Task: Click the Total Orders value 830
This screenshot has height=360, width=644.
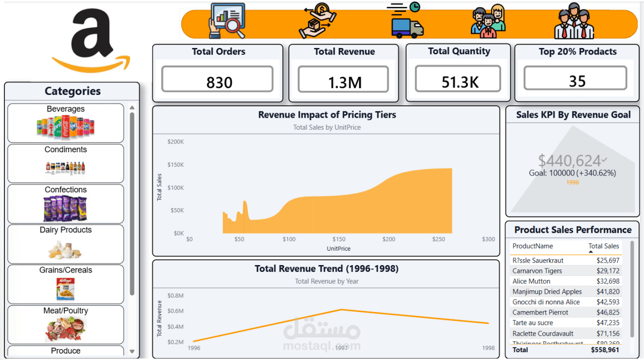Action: click(x=219, y=82)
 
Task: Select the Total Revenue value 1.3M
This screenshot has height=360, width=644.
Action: click(x=345, y=82)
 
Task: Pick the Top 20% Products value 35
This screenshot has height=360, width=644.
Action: click(x=577, y=81)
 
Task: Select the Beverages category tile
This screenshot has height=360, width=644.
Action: click(x=66, y=123)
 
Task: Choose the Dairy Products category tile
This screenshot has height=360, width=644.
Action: click(x=66, y=244)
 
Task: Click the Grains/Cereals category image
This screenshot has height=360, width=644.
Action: click(x=65, y=289)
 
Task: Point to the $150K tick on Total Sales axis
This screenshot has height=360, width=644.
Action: click(x=176, y=165)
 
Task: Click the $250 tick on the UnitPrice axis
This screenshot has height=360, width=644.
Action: click(x=438, y=239)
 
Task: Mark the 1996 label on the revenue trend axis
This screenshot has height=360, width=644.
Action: click(x=194, y=348)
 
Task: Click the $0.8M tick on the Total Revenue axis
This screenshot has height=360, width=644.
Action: click(x=176, y=296)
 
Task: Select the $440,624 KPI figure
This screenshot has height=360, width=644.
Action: click(x=569, y=161)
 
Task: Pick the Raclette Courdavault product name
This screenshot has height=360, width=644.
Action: click(x=543, y=333)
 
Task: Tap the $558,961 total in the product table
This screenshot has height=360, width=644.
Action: click(x=605, y=350)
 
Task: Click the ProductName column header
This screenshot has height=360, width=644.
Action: click(x=533, y=246)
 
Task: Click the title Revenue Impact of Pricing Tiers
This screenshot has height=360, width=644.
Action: click(x=327, y=115)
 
